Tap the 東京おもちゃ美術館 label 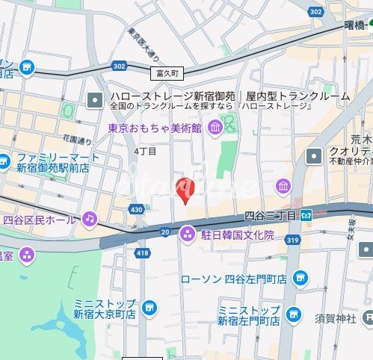click(x=155, y=128)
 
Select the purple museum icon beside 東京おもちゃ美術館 click(x=215, y=129)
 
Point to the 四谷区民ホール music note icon click(x=89, y=219)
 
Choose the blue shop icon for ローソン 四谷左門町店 click(x=300, y=279)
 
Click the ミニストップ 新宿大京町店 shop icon click(x=149, y=307)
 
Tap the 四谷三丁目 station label click(x=271, y=215)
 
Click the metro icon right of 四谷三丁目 click(x=306, y=215)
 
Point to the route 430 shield click(x=136, y=210)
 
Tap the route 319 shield click(x=292, y=240)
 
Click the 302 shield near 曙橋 click(x=315, y=11)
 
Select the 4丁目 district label click(x=145, y=151)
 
